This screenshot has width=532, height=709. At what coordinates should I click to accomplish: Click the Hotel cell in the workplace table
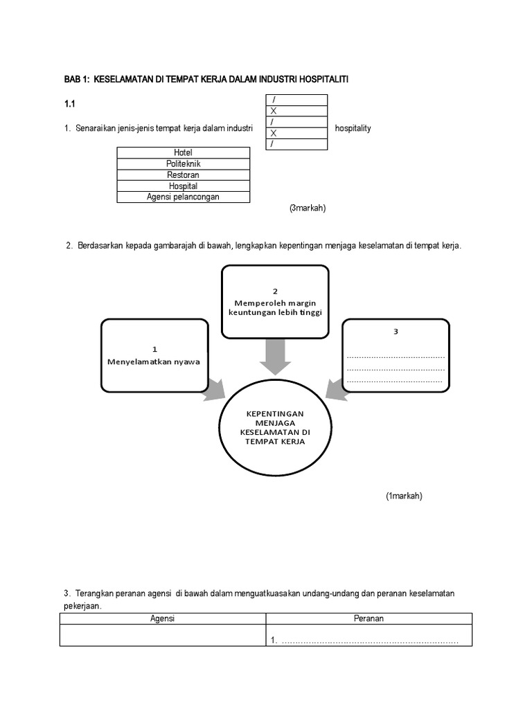pos(184,152)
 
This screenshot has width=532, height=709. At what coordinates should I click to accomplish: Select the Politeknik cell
pos(184,163)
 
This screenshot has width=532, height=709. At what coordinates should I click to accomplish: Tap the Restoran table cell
pos(184,174)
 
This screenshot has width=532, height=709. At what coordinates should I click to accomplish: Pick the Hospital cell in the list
pos(184,186)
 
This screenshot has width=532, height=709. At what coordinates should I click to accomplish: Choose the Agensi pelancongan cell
pos(184,197)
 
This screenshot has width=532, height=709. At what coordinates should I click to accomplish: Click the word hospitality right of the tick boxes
pos(353,129)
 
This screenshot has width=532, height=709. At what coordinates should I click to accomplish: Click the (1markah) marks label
pos(404,496)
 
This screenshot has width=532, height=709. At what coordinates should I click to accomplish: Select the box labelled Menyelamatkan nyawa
pos(154,354)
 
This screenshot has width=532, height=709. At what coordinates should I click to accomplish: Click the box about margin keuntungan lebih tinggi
pos(275,302)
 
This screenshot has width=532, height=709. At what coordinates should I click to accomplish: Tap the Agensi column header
pos(163,619)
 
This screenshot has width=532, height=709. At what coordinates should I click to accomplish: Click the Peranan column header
pos(369,619)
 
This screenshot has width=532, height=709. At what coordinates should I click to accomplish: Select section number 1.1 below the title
pos(69,104)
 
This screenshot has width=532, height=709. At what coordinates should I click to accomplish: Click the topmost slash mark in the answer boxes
pos(274,100)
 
